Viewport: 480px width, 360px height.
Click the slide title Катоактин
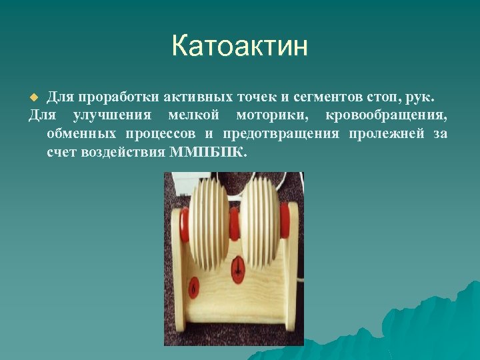(239, 47)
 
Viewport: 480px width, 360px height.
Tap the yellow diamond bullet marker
(37, 98)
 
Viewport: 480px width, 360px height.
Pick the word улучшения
(113, 116)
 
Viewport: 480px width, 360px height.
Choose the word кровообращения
(386, 116)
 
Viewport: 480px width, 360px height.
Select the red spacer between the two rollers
(234, 225)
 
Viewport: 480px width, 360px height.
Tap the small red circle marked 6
(194, 287)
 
